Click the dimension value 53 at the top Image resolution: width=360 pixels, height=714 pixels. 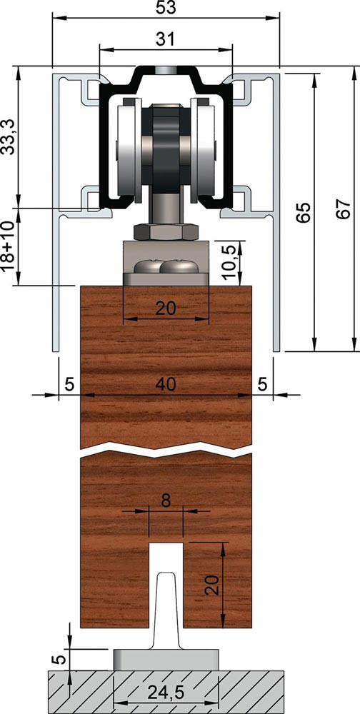[166, 8]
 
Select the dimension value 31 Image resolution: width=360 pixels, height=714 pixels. [165, 39]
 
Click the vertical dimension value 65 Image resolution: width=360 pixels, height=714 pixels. [303, 212]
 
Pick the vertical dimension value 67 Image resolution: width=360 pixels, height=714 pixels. [344, 209]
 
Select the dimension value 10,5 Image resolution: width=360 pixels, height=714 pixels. [230, 262]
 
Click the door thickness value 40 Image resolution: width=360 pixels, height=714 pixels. [165, 385]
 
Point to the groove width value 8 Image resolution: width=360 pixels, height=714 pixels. [166, 501]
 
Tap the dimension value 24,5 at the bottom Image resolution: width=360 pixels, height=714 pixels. [166, 693]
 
